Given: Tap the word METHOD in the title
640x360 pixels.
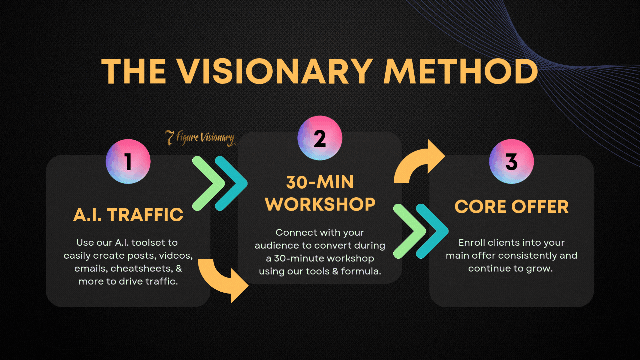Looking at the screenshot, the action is (461, 71).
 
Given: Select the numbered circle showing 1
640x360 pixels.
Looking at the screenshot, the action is (128, 161).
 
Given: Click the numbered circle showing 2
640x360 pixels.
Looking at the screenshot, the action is (320, 138).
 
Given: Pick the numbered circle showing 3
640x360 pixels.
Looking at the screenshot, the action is (511, 161).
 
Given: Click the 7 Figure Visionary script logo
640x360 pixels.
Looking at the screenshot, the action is (201, 138).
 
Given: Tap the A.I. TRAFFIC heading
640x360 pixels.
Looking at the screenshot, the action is (128, 214).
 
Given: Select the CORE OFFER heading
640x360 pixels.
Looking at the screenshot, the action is (512, 207).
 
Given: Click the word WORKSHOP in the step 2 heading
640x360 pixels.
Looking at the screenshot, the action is (320, 204).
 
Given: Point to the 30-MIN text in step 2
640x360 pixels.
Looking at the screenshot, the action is (320, 182).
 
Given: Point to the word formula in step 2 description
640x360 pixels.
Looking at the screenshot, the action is (359, 271).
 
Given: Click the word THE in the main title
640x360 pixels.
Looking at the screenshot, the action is (134, 71).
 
